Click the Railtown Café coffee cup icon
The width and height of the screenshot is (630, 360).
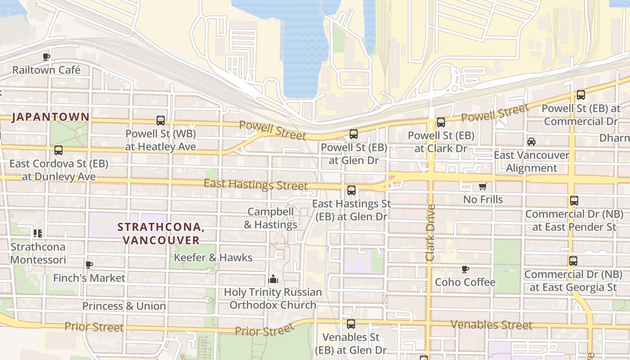46,57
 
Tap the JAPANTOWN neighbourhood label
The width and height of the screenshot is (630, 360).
50,117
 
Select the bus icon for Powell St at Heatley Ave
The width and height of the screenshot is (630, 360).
161,121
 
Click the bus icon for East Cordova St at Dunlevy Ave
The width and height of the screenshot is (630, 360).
58,150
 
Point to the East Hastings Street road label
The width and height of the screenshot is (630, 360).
256,184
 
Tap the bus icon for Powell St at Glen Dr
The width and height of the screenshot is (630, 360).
354,134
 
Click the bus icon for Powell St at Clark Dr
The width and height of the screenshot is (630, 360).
441,122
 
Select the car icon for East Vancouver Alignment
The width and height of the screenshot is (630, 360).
531,142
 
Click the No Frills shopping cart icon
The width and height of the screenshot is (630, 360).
483,186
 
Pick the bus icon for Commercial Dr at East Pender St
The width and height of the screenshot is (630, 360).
574,201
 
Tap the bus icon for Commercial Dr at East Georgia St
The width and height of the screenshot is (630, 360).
573,261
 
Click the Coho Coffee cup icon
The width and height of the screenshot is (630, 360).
465,269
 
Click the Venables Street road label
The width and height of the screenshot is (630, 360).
491,324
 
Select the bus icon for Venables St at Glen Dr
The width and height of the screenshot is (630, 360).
351,324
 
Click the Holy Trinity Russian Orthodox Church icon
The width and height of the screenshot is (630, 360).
273,279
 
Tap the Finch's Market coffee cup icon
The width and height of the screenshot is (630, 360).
89,265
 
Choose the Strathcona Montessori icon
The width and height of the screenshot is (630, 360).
38,233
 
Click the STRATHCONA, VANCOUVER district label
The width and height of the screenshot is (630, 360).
161,234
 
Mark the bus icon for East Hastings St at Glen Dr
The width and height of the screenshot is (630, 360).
351,190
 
